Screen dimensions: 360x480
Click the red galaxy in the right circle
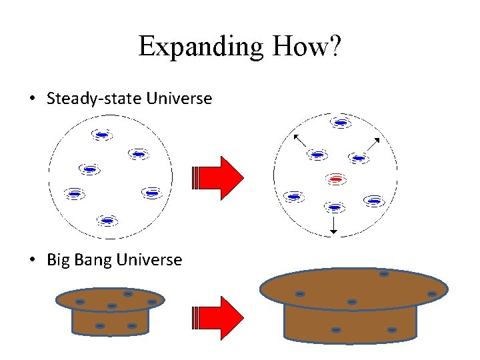tap(335, 179)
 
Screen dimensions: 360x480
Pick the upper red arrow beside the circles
tap(219, 178)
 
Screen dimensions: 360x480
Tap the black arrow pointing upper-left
tap(299, 140)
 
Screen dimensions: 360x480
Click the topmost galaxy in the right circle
tap(341, 123)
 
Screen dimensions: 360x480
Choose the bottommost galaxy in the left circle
tap(107, 220)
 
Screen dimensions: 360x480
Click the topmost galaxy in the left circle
tap(101, 135)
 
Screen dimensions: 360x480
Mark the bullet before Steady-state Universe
tap(33, 99)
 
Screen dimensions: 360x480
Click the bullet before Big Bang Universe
tap(33, 260)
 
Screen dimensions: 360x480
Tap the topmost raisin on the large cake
tap(384, 273)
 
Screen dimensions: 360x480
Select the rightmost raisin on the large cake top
tap(431, 293)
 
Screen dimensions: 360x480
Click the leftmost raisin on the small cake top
tap(79, 302)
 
